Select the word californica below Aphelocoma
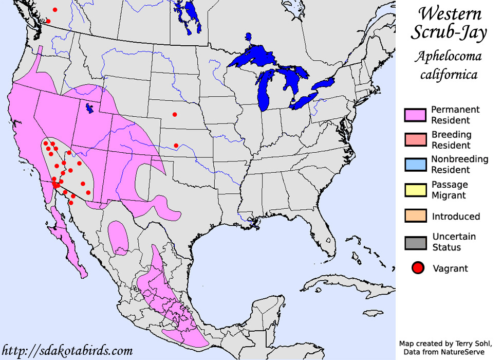pos(449,75)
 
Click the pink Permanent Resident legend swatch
pos(416,115)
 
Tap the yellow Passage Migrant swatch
pos(416,190)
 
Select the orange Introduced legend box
pos(416,216)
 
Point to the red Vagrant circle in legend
pos(417,268)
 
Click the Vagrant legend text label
pos(451,268)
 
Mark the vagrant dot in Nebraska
pos(175,114)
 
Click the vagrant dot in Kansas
pos(176,146)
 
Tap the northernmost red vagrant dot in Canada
pos(55,10)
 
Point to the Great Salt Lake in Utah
pos(90,108)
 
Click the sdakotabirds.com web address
pos(67,351)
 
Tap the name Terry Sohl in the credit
pos(466,343)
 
